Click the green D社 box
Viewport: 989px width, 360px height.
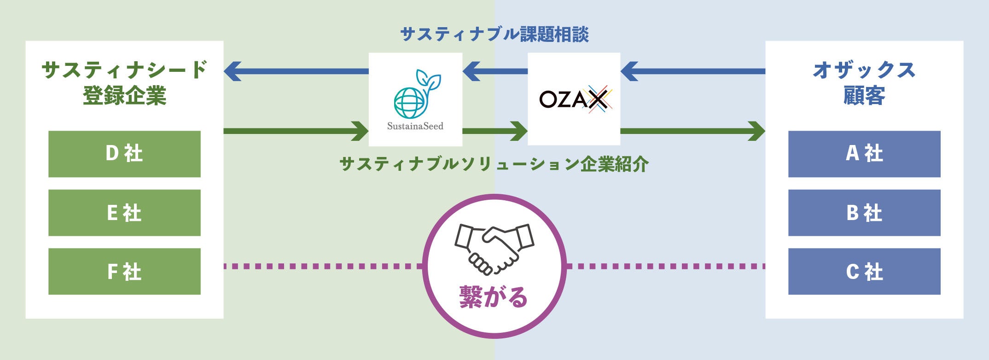point(124,154)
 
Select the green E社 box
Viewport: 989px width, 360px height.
point(124,213)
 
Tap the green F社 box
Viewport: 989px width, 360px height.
point(124,271)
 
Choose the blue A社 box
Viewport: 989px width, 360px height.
point(864,154)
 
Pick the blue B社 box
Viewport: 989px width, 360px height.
point(864,213)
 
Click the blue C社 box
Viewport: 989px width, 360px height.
point(864,271)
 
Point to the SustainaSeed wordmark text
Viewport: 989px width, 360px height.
point(415,126)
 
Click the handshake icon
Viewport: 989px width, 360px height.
point(494,249)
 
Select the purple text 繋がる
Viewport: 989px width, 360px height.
point(494,297)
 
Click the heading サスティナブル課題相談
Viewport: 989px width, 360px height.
point(494,34)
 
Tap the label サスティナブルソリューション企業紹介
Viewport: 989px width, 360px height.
point(494,164)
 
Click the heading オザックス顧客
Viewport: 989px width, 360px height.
point(864,83)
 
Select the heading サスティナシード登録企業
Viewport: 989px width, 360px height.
point(124,83)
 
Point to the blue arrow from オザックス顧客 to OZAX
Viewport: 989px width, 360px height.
point(693,71)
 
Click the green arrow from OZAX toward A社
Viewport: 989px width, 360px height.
point(693,131)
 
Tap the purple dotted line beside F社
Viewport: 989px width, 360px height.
point(322,266)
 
